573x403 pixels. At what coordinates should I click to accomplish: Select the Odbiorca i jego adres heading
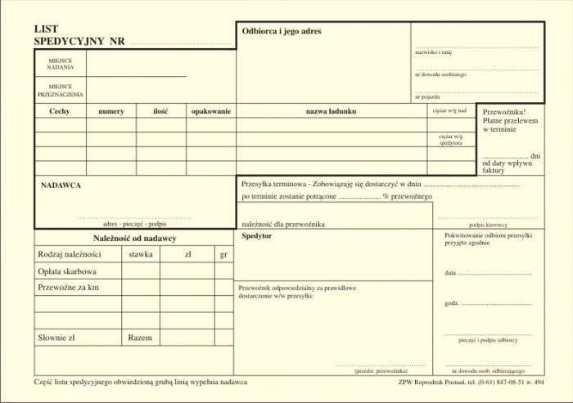281,31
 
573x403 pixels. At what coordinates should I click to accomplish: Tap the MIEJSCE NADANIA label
60,64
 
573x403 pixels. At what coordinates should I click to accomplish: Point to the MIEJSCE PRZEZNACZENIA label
60,90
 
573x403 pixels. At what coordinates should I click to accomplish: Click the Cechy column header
60,111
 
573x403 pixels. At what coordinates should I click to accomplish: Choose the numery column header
111,111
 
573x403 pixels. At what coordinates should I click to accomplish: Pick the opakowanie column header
211,111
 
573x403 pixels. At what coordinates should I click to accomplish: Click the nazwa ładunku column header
331,111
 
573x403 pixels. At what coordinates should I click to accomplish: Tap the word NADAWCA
61,186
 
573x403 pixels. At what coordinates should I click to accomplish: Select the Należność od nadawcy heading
134,238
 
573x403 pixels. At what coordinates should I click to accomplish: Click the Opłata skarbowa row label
67,271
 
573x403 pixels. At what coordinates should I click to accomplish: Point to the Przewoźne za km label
68,288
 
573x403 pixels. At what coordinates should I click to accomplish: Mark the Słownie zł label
56,337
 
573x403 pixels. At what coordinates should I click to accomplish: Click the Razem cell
140,337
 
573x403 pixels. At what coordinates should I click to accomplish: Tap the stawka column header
141,254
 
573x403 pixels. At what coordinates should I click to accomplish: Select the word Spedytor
257,235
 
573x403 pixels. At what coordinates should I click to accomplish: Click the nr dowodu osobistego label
440,74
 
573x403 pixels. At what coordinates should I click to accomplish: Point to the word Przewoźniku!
503,111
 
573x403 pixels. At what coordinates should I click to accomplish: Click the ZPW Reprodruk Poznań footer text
470,383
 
